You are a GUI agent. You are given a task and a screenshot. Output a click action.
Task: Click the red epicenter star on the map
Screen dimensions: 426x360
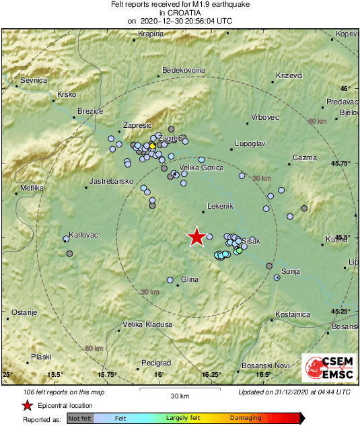pyautogui.click(x=196, y=237)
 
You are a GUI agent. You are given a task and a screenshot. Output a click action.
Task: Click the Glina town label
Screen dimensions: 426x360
pyautogui.click(x=190, y=279)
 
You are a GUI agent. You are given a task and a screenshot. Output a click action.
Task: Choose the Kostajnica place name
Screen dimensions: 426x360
pyautogui.click(x=293, y=314)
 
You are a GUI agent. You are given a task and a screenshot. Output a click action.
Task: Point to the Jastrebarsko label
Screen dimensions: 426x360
pyautogui.click(x=111, y=182)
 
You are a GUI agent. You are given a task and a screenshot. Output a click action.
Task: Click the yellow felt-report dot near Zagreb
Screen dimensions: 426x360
pyautogui.click(x=153, y=145)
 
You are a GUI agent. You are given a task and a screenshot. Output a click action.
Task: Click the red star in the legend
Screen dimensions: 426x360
pyautogui.click(x=28, y=405)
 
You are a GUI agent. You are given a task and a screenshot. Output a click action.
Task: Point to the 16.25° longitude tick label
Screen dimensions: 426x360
pyautogui.click(x=211, y=374)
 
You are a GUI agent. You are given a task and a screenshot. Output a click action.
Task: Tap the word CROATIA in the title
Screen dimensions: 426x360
pyautogui.click(x=180, y=12)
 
